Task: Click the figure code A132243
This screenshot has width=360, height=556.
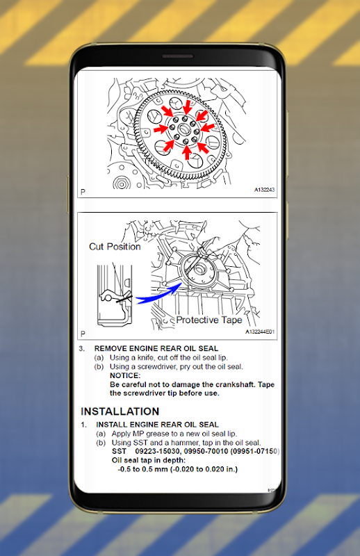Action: click(x=264, y=190)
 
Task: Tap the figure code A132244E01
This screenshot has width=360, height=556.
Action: click(x=260, y=332)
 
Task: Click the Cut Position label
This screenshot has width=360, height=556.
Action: click(x=115, y=247)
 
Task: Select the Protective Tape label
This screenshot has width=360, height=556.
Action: click(x=209, y=320)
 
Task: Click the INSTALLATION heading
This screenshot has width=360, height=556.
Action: click(x=120, y=411)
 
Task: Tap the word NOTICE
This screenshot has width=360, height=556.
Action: click(x=125, y=375)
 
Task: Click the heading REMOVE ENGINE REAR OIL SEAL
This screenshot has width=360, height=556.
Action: click(x=156, y=349)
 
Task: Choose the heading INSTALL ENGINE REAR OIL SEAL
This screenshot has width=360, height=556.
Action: click(x=157, y=425)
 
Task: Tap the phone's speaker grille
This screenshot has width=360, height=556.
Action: click(x=178, y=56)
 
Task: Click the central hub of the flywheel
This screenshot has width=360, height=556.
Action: click(x=185, y=129)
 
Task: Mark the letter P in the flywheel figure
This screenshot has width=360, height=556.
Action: click(x=83, y=192)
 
